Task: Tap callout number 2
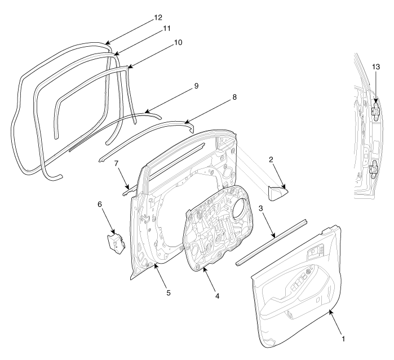(x=271, y=159)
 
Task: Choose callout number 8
(x=233, y=97)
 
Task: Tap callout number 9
(x=196, y=86)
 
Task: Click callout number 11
(x=166, y=28)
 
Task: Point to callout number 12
(x=158, y=17)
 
